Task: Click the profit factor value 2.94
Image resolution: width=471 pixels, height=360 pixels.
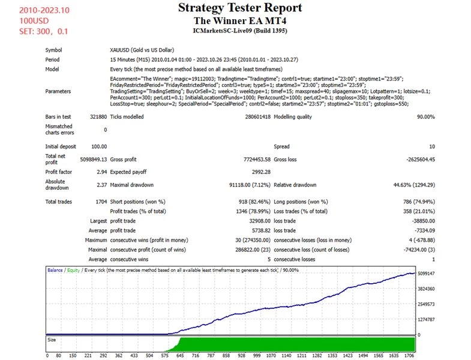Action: coord(101,172)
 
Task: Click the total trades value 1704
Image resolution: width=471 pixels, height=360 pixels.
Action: coord(100,202)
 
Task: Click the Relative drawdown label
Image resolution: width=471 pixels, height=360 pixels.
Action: coord(295,185)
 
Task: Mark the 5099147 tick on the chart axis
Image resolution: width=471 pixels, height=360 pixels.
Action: coord(427,274)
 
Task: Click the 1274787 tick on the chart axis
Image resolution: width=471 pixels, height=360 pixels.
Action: coord(427,319)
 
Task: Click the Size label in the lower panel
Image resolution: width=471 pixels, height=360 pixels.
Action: coord(53,340)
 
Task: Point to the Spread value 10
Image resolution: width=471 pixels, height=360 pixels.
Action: coord(432,146)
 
